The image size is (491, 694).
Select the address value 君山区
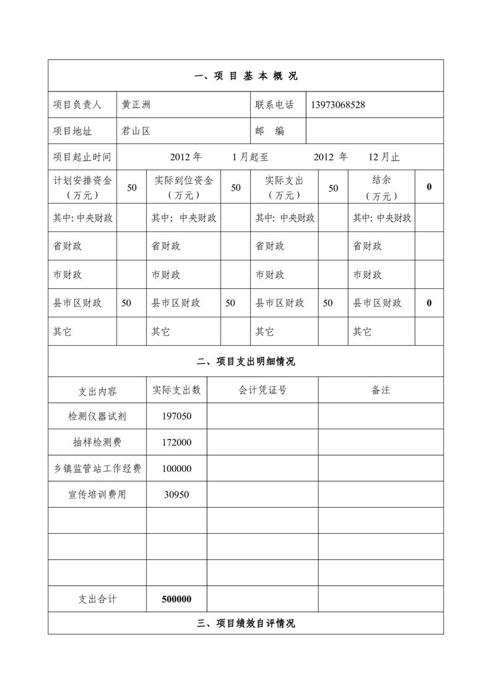(136, 131)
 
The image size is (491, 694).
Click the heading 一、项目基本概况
(246, 76)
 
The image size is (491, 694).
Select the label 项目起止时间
(82, 157)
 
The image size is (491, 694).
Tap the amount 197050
(176, 416)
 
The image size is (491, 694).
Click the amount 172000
(176, 442)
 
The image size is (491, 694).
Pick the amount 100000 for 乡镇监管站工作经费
(176, 469)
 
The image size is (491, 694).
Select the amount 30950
(176, 495)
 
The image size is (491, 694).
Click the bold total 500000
(176, 599)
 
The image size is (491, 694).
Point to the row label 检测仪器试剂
(97, 416)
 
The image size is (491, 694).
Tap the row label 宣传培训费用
(97, 495)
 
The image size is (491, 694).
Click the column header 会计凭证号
(263, 390)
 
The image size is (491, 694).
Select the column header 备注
(381, 390)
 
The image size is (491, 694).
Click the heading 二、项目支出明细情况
(246, 362)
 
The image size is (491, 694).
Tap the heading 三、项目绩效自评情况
(246, 623)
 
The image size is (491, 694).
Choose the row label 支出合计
(97, 599)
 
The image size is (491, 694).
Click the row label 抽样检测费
(97, 442)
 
